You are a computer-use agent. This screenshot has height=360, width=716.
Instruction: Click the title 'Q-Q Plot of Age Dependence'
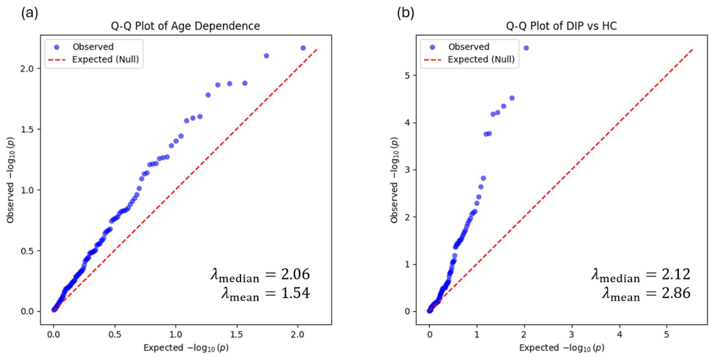[185, 26]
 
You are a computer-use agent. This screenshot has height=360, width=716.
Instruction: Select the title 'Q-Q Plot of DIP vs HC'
[562, 26]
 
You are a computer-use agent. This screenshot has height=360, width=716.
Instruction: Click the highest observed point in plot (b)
[526, 48]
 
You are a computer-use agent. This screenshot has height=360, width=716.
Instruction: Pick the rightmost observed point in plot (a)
[303, 48]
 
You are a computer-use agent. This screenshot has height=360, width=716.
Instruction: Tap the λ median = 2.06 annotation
[260, 275]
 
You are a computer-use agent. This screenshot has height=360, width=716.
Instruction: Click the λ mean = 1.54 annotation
[266, 294]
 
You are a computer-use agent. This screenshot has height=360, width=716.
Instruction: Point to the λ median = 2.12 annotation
[641, 275]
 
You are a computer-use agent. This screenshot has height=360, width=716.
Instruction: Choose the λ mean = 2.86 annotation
[646, 294]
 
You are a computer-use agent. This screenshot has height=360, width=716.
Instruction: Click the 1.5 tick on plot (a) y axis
[27, 129]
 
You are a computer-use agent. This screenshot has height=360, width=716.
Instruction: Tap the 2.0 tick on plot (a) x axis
[298, 334]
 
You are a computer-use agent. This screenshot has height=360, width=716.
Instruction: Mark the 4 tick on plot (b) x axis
[619, 334]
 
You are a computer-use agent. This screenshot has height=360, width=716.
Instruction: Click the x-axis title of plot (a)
[186, 348]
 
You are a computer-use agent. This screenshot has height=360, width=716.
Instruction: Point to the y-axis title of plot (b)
[394, 180]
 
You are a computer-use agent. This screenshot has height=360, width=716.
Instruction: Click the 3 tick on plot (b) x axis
[572, 334]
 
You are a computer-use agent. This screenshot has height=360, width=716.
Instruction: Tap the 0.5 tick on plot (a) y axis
[27, 251]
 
